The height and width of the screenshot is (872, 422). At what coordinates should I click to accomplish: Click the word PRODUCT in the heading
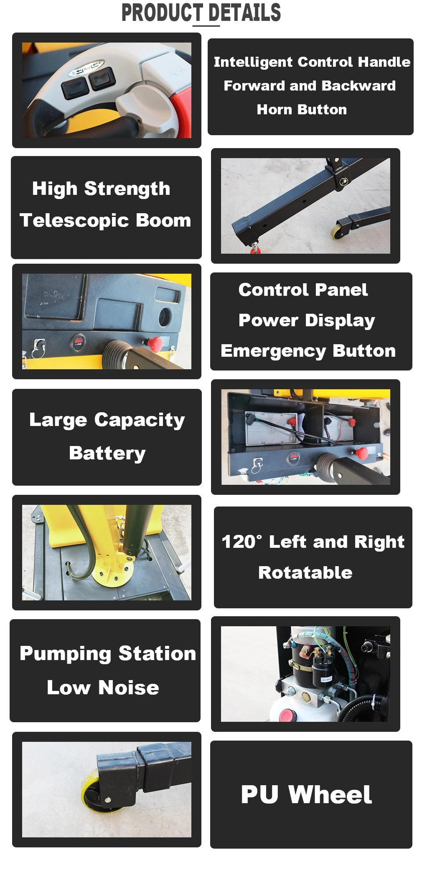click(x=162, y=13)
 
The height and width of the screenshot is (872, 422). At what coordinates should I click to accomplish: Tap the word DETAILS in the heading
click(x=244, y=13)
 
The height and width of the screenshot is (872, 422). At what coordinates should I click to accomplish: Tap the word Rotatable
click(x=305, y=572)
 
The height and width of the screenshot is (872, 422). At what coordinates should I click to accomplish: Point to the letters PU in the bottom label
click(x=259, y=794)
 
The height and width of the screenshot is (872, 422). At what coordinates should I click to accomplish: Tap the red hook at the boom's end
click(x=254, y=249)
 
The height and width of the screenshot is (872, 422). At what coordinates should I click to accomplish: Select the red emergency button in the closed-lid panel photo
click(x=155, y=343)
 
